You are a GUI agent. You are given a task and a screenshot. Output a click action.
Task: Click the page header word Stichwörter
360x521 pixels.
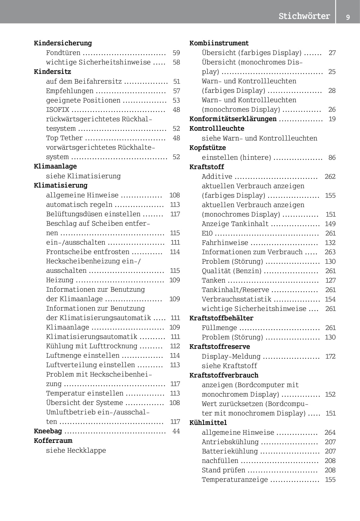(x=304, y=16)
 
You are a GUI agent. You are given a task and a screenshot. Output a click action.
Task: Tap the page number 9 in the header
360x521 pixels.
(x=348, y=17)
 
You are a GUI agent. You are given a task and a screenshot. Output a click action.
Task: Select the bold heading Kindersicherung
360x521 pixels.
(x=63, y=43)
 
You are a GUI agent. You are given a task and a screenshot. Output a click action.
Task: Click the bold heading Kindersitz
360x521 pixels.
(x=52, y=72)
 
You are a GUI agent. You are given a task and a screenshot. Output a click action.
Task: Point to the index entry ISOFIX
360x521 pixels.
(x=57, y=110)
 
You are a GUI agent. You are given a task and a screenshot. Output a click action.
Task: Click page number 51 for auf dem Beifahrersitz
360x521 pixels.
(x=177, y=81)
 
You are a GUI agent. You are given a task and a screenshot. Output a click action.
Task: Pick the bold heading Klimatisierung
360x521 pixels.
(x=61, y=185)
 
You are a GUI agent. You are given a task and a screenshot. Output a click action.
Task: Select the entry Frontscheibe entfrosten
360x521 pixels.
(x=88, y=252)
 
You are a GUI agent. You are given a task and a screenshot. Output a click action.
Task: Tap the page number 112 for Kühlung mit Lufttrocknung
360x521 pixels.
(x=175, y=346)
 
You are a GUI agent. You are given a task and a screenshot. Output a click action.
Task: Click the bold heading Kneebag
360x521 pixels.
(x=48, y=431)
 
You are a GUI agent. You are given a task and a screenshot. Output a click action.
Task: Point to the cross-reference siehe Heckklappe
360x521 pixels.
(x=76, y=450)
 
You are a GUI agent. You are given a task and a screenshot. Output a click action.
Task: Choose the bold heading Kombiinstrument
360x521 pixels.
(x=219, y=43)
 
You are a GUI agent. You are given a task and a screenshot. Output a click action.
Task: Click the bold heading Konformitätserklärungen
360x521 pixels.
(x=233, y=119)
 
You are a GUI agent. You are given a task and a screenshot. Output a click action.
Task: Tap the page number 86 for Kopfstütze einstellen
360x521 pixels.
(x=332, y=157)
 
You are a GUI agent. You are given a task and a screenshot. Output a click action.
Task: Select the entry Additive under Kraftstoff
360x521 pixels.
(x=217, y=176)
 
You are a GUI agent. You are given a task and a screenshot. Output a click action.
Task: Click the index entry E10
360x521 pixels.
(x=207, y=233)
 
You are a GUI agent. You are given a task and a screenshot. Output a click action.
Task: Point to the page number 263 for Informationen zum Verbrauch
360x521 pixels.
(x=330, y=252)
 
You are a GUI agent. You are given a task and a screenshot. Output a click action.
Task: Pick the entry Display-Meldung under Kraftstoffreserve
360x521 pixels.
(x=231, y=356)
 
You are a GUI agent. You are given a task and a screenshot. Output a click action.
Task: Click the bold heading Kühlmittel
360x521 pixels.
(x=208, y=422)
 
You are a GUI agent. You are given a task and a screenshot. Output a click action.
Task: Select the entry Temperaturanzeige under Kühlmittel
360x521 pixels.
(x=235, y=479)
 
